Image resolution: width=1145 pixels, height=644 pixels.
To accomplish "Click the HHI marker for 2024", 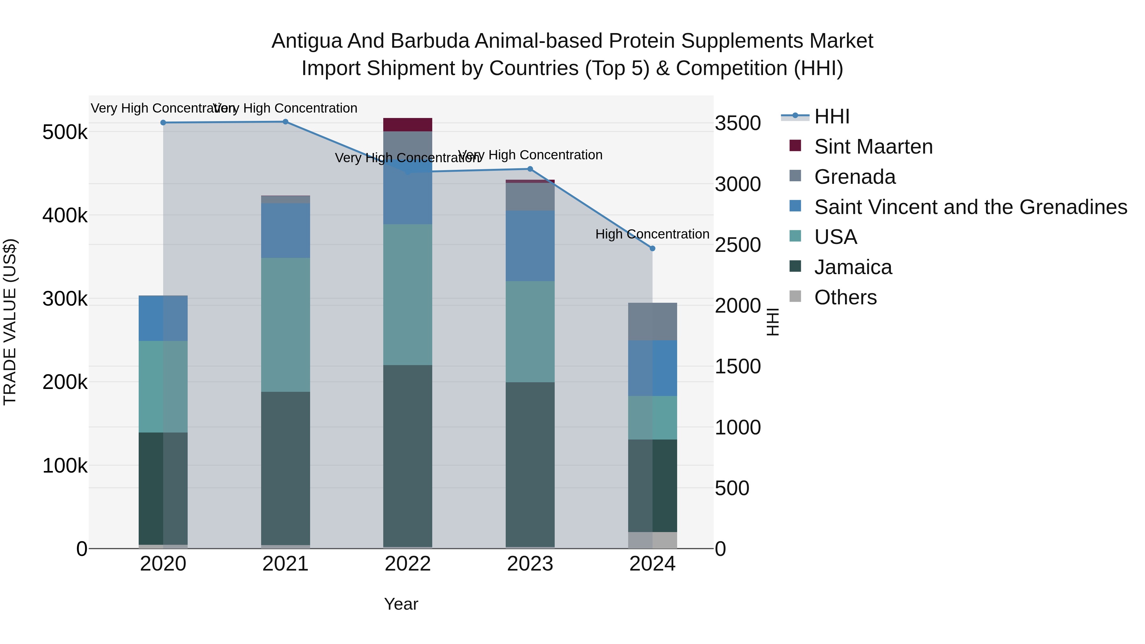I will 652,248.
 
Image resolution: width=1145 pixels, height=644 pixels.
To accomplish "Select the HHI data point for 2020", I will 163,123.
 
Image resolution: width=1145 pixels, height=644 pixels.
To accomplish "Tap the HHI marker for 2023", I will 530,169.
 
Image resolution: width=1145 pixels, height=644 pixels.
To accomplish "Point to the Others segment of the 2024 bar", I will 652,540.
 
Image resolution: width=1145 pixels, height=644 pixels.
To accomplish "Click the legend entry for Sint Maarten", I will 873,147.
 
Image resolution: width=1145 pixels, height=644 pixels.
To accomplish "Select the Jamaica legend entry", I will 852,267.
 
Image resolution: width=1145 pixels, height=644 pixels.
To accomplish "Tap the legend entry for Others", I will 845,297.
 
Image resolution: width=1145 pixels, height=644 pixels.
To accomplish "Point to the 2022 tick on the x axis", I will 408,564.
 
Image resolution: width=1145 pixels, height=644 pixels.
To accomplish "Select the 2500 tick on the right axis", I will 737,245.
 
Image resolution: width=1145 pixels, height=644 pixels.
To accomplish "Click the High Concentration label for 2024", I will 652,234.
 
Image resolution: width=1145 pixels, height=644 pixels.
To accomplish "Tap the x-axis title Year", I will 401,604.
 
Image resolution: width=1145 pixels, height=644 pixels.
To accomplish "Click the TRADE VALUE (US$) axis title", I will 10,322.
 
